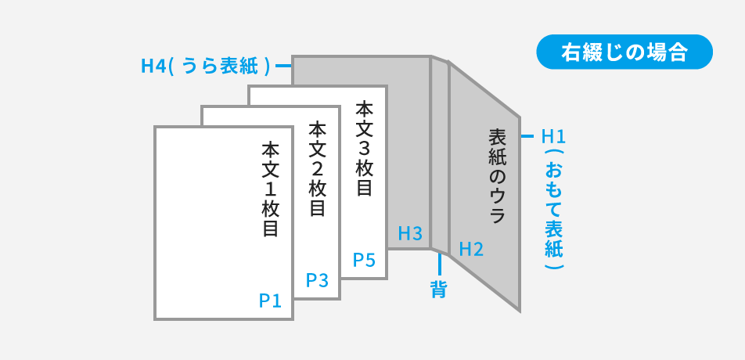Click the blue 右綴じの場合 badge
click(x=624, y=52)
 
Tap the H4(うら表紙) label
click(x=206, y=66)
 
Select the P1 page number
click(x=270, y=301)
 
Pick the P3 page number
click(x=317, y=280)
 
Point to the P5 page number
click(x=364, y=260)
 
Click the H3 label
click(x=410, y=233)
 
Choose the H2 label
click(x=471, y=250)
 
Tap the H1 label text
click(x=553, y=136)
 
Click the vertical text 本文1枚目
click(x=271, y=189)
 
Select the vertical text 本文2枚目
click(x=317, y=168)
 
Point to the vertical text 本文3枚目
click(x=364, y=148)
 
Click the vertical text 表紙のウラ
click(x=497, y=177)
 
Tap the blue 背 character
click(x=439, y=289)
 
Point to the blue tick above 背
click(x=439, y=264)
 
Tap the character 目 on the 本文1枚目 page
click(x=271, y=229)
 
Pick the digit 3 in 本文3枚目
click(x=364, y=146)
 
